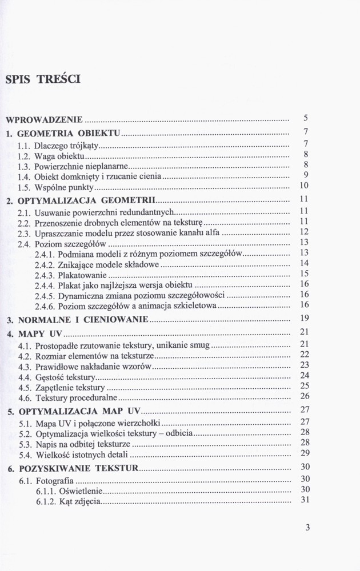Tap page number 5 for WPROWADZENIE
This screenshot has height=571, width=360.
point(306,119)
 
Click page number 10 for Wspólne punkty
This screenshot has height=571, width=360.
point(304,186)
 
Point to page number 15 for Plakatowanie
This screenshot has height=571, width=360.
point(304,274)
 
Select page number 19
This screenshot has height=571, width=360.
point(304,318)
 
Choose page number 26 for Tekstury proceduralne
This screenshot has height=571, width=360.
point(305,396)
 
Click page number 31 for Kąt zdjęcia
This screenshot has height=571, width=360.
point(305,501)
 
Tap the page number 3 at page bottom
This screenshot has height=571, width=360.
point(307,528)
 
